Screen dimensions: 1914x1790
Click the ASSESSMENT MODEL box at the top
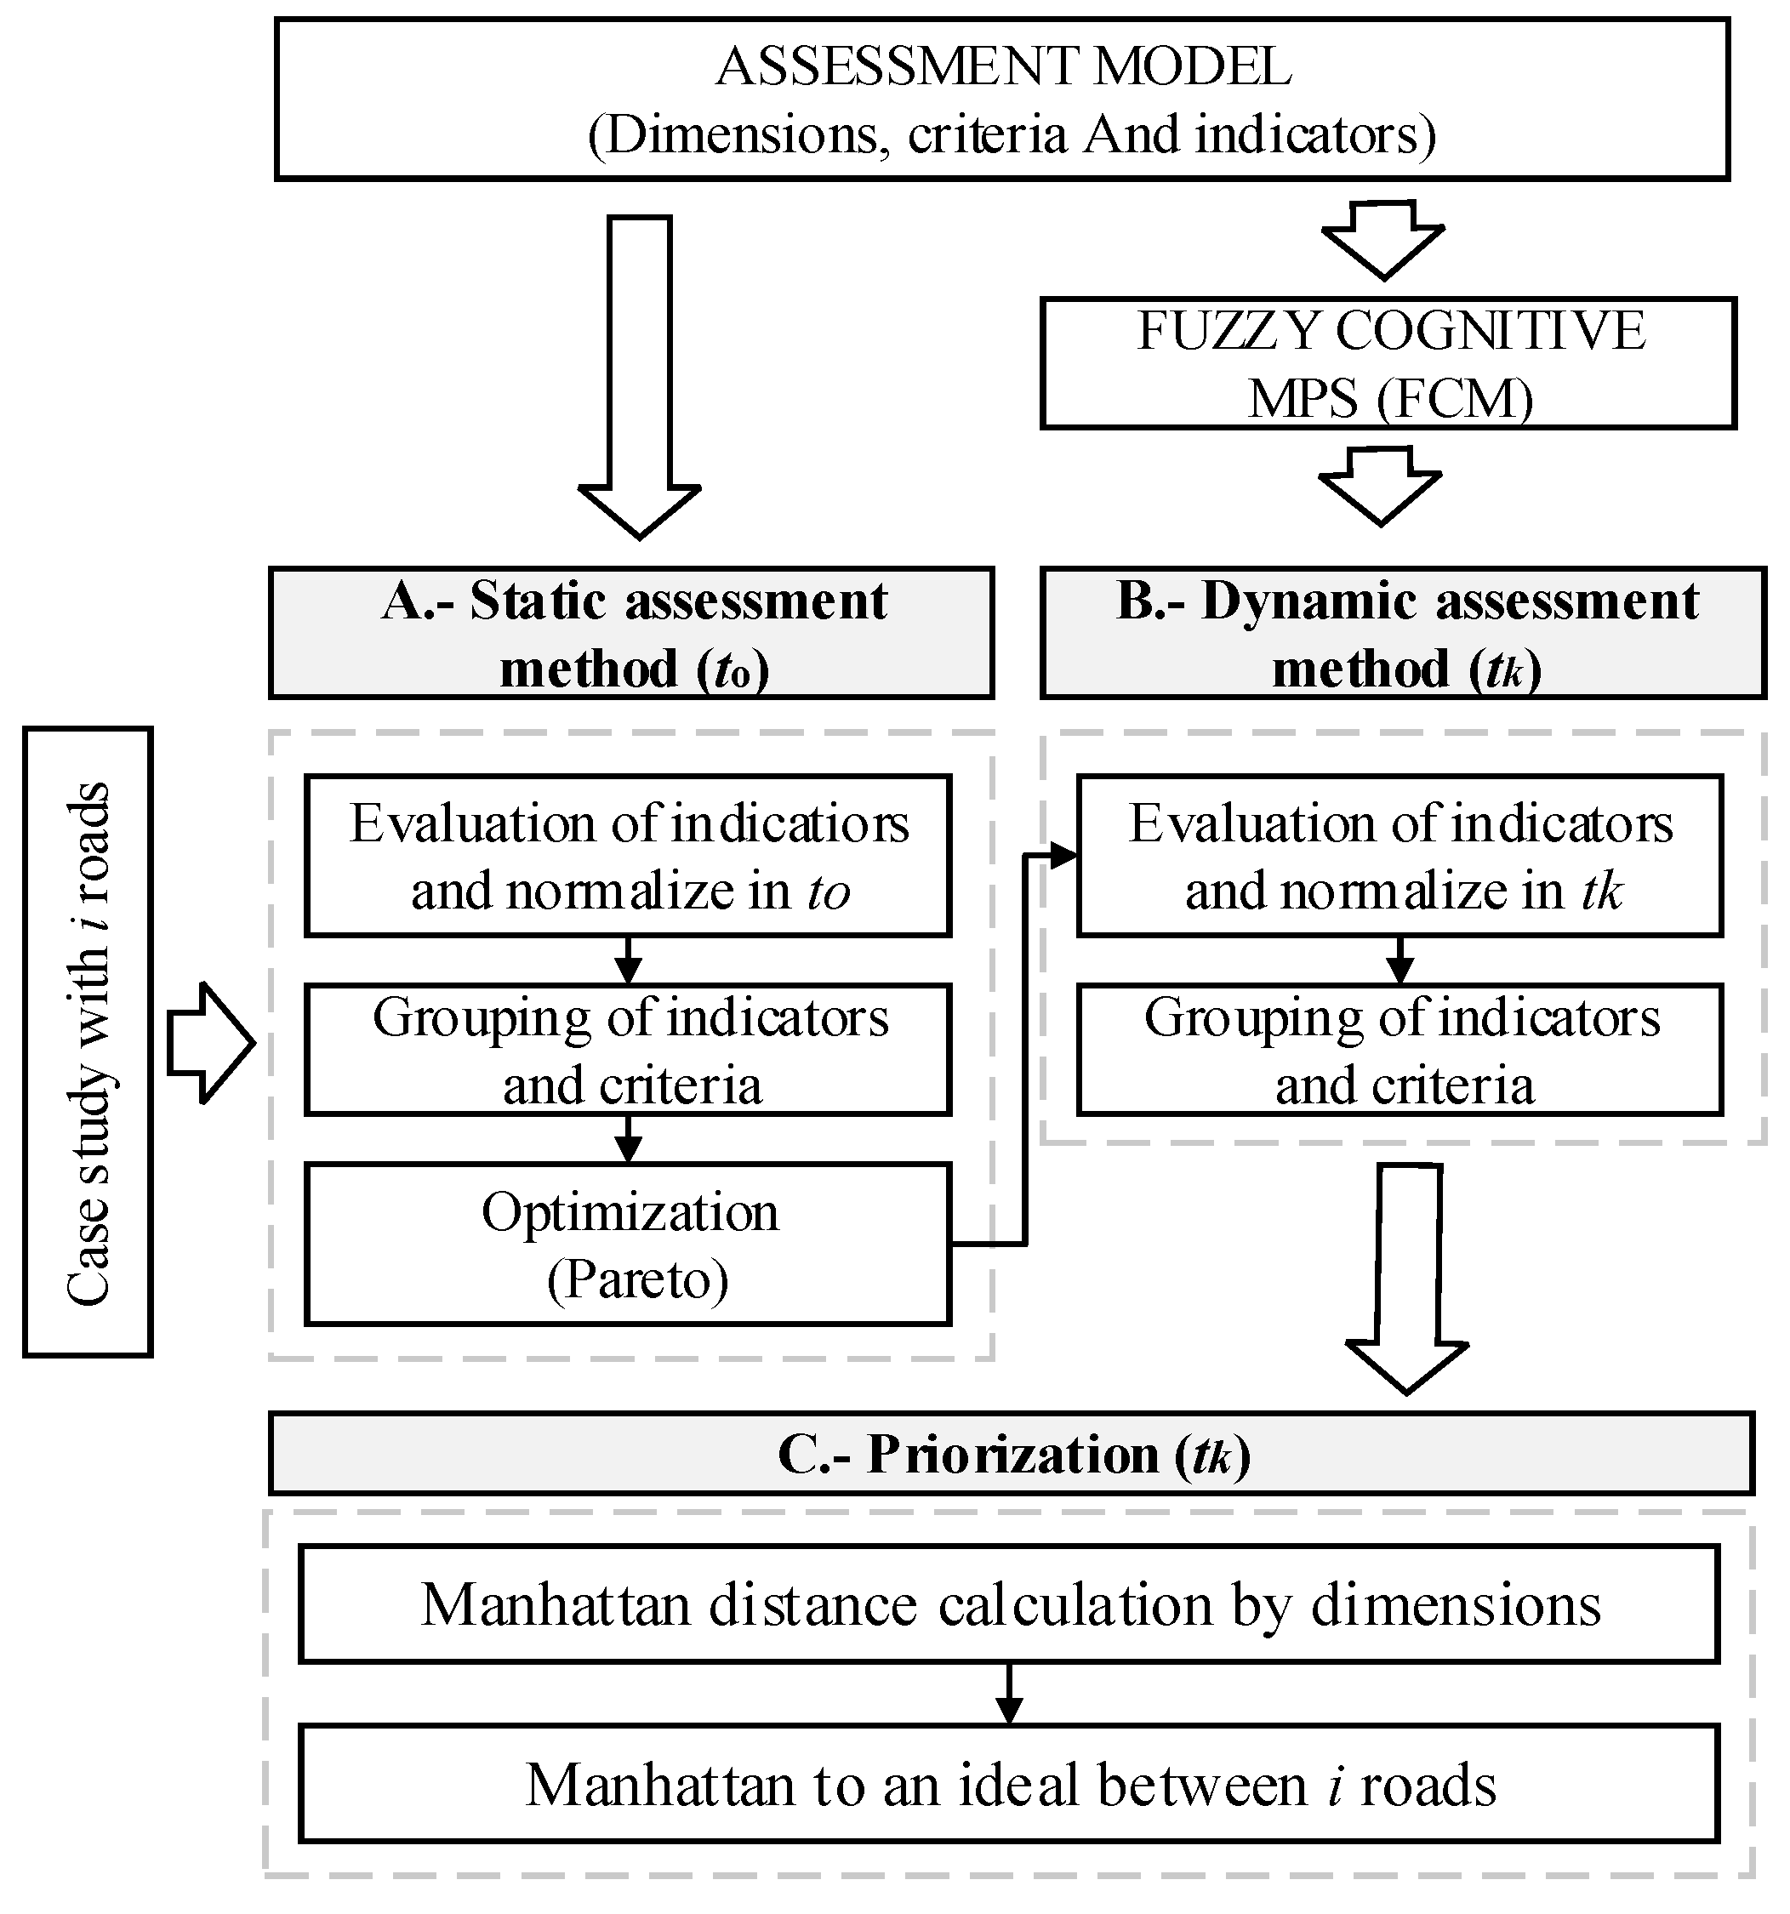coord(1001,100)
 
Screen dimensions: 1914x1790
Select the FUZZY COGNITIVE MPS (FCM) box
coord(1388,363)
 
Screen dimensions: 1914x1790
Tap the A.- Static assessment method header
coord(631,633)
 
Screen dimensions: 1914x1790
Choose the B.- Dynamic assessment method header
coord(1404,633)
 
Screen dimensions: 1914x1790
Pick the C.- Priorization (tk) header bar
coord(1011,1454)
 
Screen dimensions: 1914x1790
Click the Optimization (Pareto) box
coord(629,1244)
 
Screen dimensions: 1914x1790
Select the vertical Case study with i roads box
coord(88,1042)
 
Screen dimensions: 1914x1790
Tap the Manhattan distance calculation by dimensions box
coord(1009,1604)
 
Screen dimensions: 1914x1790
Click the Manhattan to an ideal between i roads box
coord(1009,1783)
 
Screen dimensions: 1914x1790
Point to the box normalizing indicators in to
coord(629,856)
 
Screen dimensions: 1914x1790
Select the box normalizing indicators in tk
coord(1401,856)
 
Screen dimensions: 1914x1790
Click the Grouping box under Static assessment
coord(629,1050)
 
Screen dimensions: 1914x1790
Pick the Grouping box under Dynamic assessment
coord(1401,1050)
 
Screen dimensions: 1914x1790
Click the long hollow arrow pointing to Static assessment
coord(640,375)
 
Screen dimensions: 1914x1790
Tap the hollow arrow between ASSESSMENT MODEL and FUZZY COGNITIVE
coord(1383,239)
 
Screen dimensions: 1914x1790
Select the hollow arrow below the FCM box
coord(1381,485)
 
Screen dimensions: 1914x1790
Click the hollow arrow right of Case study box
coord(210,1042)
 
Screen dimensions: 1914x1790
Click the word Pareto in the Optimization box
coord(637,1279)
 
